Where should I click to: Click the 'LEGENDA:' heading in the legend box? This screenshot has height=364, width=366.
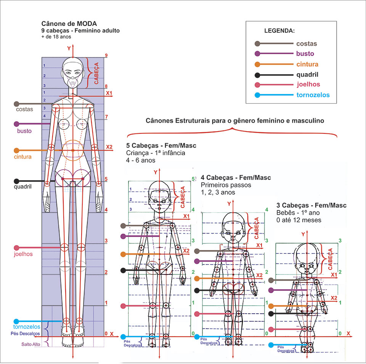click(279, 30)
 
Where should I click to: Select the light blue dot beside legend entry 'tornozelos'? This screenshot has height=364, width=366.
click(257, 95)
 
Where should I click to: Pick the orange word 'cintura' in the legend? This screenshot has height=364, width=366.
click(307, 64)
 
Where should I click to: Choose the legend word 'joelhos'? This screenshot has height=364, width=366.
click(308, 85)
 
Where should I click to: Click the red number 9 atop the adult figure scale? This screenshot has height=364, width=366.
click(106, 56)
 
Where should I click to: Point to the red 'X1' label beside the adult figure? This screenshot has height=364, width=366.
click(109, 93)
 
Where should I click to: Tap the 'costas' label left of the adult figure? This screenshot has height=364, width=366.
click(24, 109)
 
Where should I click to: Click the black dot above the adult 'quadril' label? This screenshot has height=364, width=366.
click(16, 181)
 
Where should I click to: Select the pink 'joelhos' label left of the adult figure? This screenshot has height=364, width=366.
click(23, 254)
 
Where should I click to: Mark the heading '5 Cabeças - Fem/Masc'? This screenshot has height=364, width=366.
click(161, 146)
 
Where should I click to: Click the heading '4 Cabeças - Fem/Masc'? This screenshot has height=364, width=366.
click(236, 178)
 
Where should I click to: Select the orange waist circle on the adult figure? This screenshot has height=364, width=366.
click(72, 150)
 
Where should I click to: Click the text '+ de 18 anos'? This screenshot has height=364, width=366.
click(56, 37)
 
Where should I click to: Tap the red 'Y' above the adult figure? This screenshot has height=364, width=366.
click(69, 48)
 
